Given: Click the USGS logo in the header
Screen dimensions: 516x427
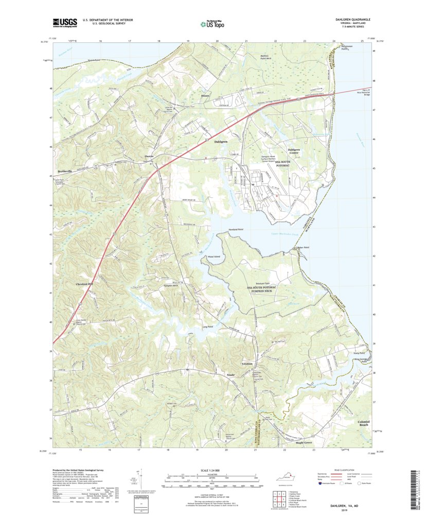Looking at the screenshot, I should [x=64, y=22].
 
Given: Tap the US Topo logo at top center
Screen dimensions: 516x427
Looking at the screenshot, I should [x=212, y=23].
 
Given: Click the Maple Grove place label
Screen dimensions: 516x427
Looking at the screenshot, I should [x=304, y=442].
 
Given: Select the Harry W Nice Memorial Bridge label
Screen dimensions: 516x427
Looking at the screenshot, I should [x=363, y=93].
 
